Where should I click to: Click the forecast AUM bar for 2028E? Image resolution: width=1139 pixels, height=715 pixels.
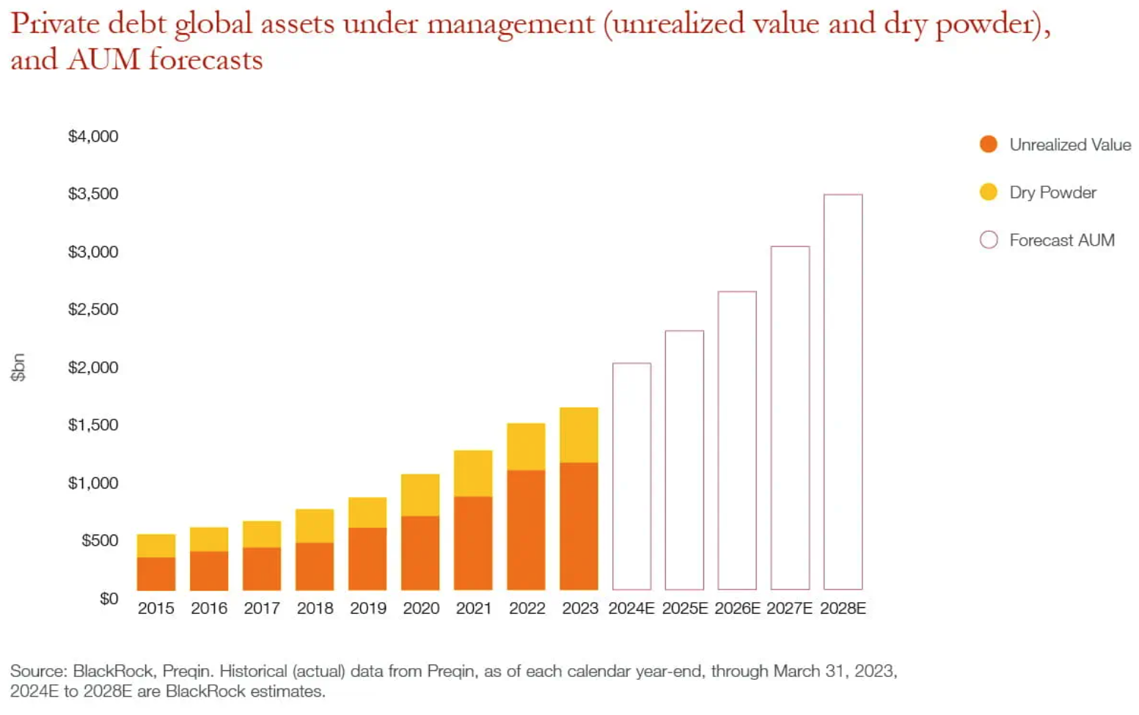coord(843,392)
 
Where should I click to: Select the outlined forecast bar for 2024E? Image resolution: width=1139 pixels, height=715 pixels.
coord(631,476)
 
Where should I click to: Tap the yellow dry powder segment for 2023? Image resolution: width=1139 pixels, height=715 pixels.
coord(579,435)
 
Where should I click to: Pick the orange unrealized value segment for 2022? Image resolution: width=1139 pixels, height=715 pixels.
coord(526,529)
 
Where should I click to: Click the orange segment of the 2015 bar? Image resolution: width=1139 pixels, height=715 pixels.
coord(156,573)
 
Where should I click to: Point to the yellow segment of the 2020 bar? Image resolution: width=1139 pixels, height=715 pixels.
coord(420,495)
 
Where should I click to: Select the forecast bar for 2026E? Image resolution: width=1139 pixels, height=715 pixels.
coord(737,440)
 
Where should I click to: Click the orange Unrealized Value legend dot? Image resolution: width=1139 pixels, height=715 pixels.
coord(988,144)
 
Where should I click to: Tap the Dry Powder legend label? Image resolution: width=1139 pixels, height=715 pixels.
coord(1052,193)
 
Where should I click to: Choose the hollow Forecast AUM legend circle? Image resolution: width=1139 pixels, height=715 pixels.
coord(988,240)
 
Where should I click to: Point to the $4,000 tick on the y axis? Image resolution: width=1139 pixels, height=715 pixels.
coord(93,136)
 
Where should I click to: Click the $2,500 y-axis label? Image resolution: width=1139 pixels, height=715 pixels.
coord(93,309)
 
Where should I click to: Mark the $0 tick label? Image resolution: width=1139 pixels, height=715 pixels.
coord(109,598)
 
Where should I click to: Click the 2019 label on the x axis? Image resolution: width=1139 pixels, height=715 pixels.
coord(367,609)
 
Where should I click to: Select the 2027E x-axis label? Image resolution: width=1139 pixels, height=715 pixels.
coord(790,609)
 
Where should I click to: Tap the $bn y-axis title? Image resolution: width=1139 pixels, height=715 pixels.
coord(18,367)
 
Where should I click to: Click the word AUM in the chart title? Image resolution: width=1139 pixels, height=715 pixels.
coord(103,60)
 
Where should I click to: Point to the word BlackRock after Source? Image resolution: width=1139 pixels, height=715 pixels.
coord(113,671)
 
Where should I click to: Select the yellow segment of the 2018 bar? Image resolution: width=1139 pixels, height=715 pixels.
coord(315,526)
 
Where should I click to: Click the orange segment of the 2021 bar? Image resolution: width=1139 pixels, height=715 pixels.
coord(473,543)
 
